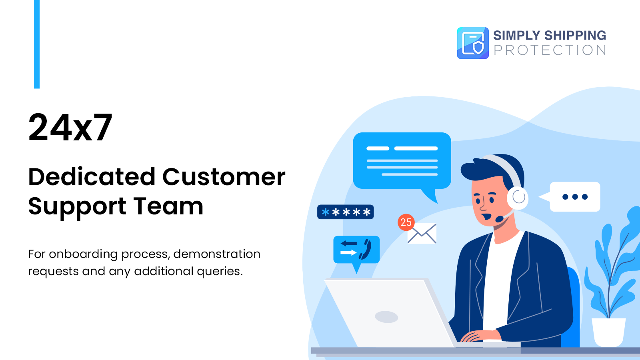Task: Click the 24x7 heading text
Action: click(70, 128)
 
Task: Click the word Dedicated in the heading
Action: click(92, 177)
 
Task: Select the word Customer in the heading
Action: click(224, 177)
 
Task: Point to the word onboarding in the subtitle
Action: click(83, 254)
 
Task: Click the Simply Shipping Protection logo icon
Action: click(473, 43)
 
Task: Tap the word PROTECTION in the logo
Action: click(550, 50)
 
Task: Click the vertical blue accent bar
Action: click(37, 44)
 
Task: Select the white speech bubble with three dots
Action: click(575, 197)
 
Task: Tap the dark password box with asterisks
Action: click(346, 212)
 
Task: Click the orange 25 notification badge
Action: click(406, 222)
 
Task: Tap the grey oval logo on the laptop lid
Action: click(386, 317)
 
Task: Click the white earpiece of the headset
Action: click(518, 197)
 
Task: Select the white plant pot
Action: click(608, 332)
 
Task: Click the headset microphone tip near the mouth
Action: click(499, 219)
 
